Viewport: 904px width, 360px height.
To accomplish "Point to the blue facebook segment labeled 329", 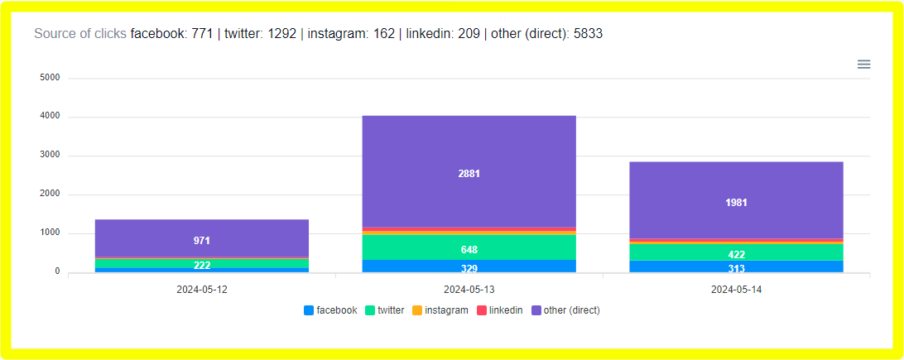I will pos(469,266).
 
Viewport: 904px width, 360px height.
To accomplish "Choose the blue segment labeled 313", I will pos(735,267).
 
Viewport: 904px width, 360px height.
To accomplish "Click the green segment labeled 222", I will pos(202,264).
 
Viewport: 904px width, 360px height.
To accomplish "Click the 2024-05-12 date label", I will pos(202,290).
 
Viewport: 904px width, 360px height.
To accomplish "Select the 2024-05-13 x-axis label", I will pos(469,290).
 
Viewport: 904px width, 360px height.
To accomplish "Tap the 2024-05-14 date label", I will pos(735,290).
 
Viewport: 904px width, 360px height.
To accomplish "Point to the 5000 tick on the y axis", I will pos(50,78).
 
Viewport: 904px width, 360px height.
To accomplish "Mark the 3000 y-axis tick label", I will pos(50,156).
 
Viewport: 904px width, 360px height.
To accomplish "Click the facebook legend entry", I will pos(330,310).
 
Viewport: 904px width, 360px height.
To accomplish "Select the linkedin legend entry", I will pos(499,310).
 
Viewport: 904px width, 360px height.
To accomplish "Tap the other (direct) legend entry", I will pos(565,310).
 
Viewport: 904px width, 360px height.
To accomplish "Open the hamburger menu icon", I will pos(863,64).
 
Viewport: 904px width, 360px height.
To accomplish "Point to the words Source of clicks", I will pos(80,34).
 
